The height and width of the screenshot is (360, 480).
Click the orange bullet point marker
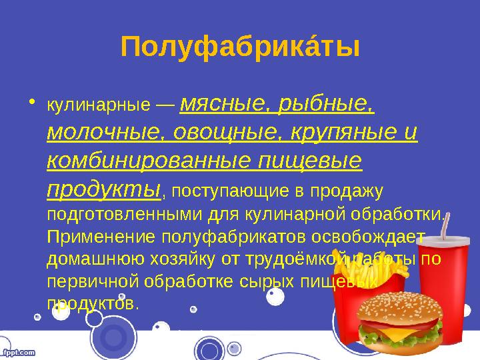(33, 103)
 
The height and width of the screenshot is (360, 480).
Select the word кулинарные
(99, 105)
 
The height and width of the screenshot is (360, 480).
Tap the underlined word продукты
(104, 189)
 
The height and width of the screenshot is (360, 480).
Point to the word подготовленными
(125, 215)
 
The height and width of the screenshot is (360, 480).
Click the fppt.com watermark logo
(18, 351)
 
